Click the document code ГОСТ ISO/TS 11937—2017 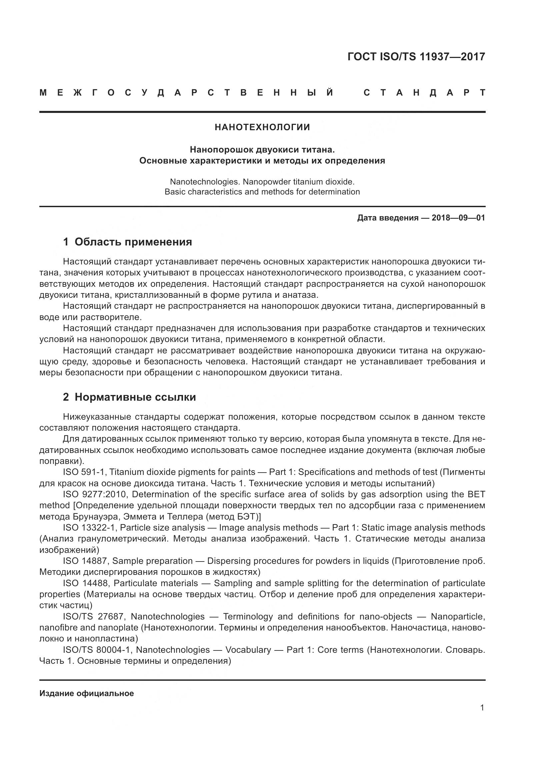coord(416,57)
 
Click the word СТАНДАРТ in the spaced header coord(424,93)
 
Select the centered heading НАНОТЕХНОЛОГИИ coord(262,127)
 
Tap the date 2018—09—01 coord(458,218)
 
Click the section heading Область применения coord(133,242)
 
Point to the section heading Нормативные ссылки coord(135,397)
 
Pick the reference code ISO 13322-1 coord(89,528)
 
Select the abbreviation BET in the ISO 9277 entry coord(476,494)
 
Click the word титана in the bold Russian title coord(318,149)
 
